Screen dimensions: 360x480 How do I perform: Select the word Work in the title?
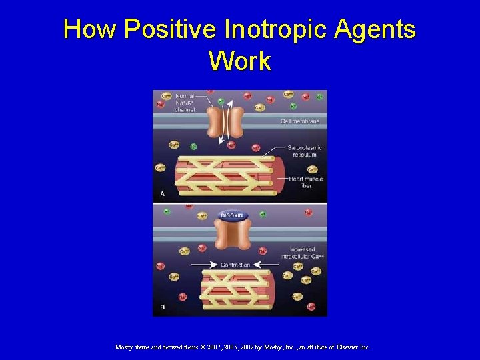pos(240,61)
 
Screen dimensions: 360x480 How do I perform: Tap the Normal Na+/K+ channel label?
pos(184,103)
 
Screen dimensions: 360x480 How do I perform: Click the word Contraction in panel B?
pos(235,265)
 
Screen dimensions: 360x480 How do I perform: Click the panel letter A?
pos(162,193)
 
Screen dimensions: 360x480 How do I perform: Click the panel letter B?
pos(162,307)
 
